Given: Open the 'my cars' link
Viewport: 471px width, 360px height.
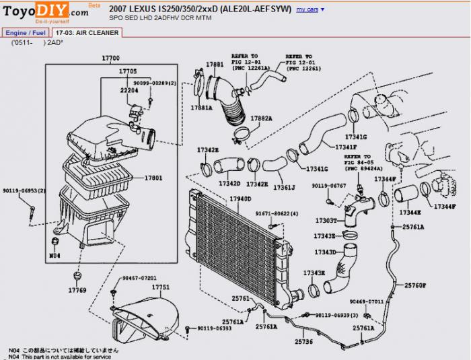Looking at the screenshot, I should tap(307, 10).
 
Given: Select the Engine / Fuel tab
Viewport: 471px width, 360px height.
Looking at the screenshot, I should tap(26, 32).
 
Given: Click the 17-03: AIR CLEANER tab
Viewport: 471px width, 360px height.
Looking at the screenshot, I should tap(88, 32).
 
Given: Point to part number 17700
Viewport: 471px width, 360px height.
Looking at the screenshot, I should tap(111, 59).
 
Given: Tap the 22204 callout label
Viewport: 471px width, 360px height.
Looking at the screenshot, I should tap(129, 89).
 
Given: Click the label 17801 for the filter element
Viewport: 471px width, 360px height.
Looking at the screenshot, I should tap(153, 178).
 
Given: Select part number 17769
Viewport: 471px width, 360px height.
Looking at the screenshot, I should tap(77, 290).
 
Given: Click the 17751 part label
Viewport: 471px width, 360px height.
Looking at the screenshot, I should tap(161, 287).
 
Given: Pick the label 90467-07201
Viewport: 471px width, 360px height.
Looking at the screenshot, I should tap(139, 278).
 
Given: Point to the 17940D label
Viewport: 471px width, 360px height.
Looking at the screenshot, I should tap(240, 199).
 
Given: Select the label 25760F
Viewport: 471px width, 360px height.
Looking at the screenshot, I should tap(415, 285).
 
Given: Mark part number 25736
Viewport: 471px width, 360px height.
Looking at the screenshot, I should tap(303, 341).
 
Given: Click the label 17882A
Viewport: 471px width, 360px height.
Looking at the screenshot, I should tap(261, 118).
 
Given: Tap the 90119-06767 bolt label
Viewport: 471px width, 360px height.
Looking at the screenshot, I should tap(329, 185).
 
